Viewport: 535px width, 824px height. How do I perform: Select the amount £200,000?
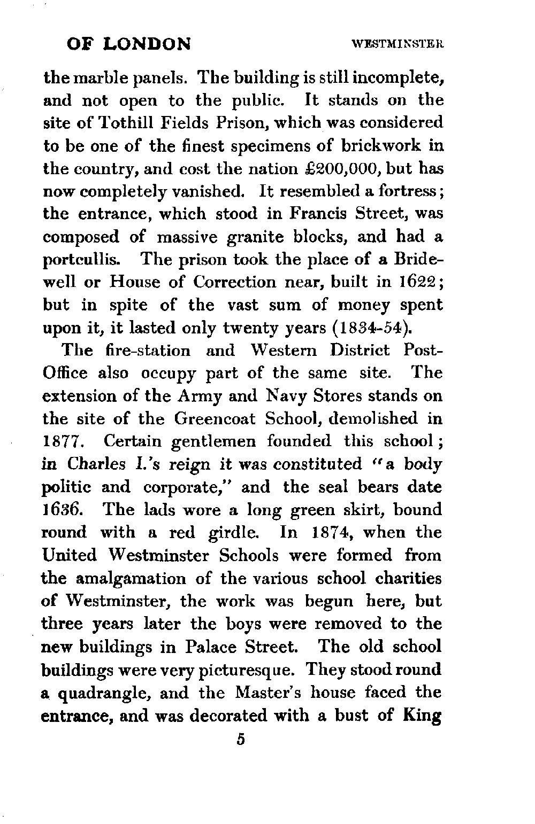(x=340, y=169)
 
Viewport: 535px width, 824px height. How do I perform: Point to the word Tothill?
(x=121, y=123)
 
